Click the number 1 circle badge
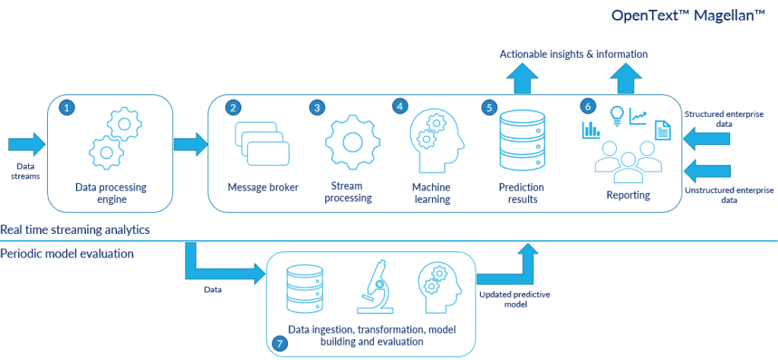pos(68,109)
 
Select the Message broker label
pos(264,188)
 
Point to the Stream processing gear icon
pos(351,142)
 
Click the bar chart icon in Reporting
pos(591,131)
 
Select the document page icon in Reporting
pos(663,131)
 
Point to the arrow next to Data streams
pos(27,144)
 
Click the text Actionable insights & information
pos(574,54)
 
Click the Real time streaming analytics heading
pos(74,229)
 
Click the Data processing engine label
pos(111,193)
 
